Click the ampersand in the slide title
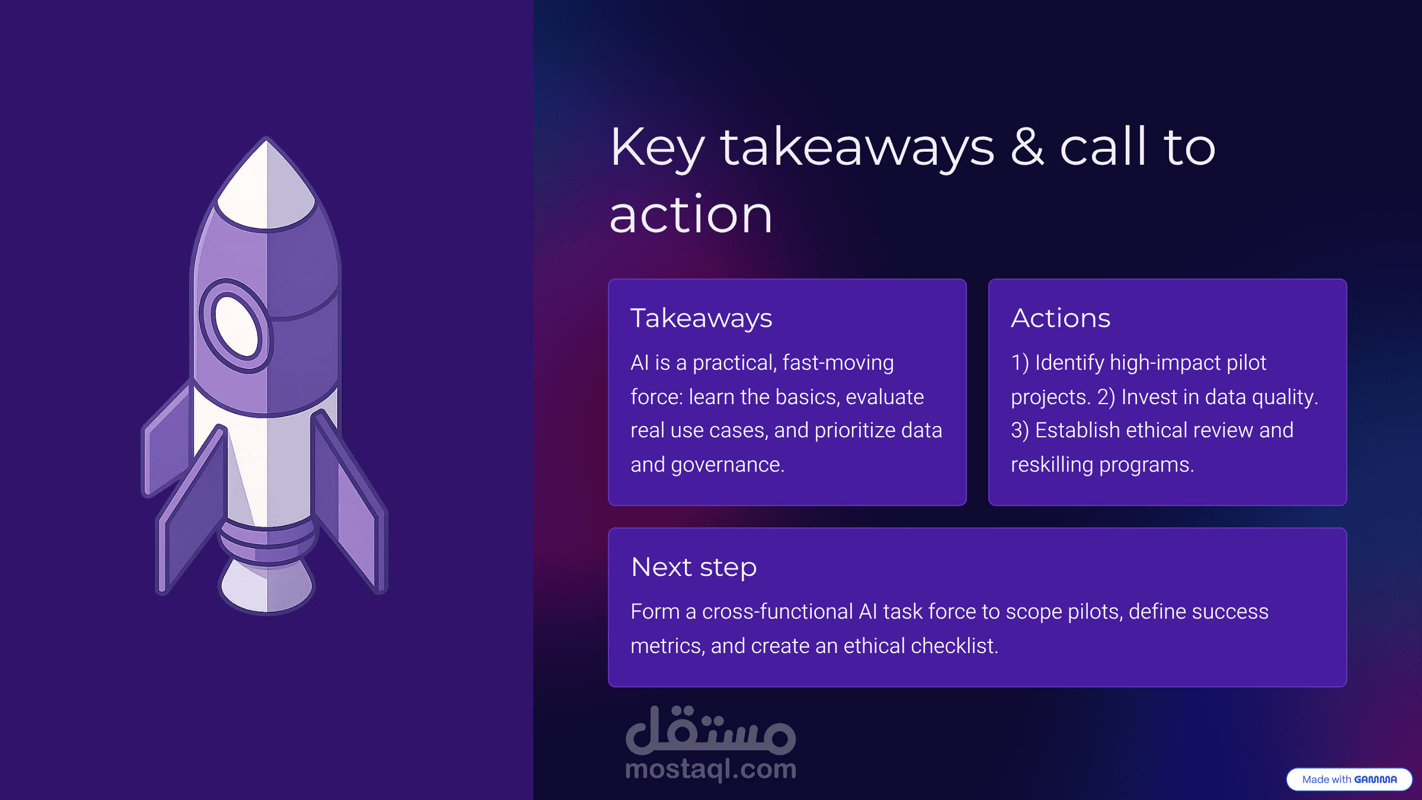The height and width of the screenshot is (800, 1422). click(1027, 147)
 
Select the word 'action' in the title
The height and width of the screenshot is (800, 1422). click(691, 215)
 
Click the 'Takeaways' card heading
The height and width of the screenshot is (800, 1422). click(702, 319)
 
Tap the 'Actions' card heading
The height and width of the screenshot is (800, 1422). click(1061, 318)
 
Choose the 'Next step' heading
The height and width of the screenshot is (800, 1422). click(694, 568)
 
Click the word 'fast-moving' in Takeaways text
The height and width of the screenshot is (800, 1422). click(838, 362)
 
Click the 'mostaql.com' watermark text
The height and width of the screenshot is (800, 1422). click(710, 769)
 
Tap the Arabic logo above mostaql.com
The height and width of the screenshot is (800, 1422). click(710, 730)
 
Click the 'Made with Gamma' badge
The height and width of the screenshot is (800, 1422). click(1349, 779)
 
